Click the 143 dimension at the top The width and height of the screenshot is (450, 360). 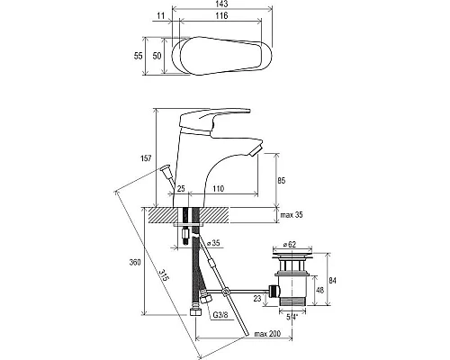pos(221,4)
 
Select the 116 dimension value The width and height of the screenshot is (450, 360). pos(221,15)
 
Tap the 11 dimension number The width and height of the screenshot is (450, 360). pos(161,15)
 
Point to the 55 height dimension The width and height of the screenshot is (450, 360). pos(139,56)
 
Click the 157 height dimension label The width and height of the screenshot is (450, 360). pos(146,158)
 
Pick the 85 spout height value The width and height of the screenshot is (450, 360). pos(282,181)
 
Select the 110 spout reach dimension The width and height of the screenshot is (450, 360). pos(219,189)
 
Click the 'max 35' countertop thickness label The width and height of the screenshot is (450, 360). pos(292,215)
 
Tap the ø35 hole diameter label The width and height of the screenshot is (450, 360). pos(215,243)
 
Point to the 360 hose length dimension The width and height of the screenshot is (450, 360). pos(135,262)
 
